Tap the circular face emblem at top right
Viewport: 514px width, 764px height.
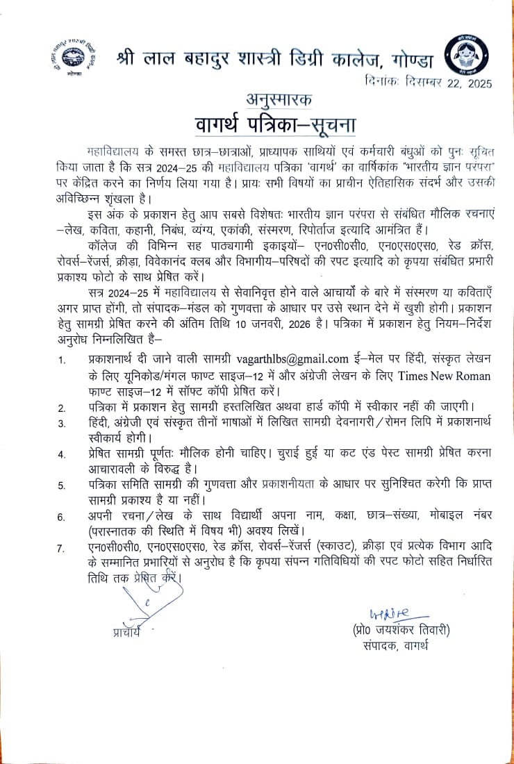(x=465, y=56)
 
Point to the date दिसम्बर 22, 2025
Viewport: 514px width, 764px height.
(x=447, y=83)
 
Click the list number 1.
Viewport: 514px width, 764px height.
(x=63, y=360)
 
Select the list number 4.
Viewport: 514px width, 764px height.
(x=63, y=456)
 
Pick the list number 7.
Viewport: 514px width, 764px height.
(x=63, y=549)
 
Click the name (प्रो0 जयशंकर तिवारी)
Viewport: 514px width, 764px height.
(x=401, y=630)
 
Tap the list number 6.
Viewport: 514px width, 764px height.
(x=63, y=517)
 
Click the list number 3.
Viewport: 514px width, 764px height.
(x=63, y=424)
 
